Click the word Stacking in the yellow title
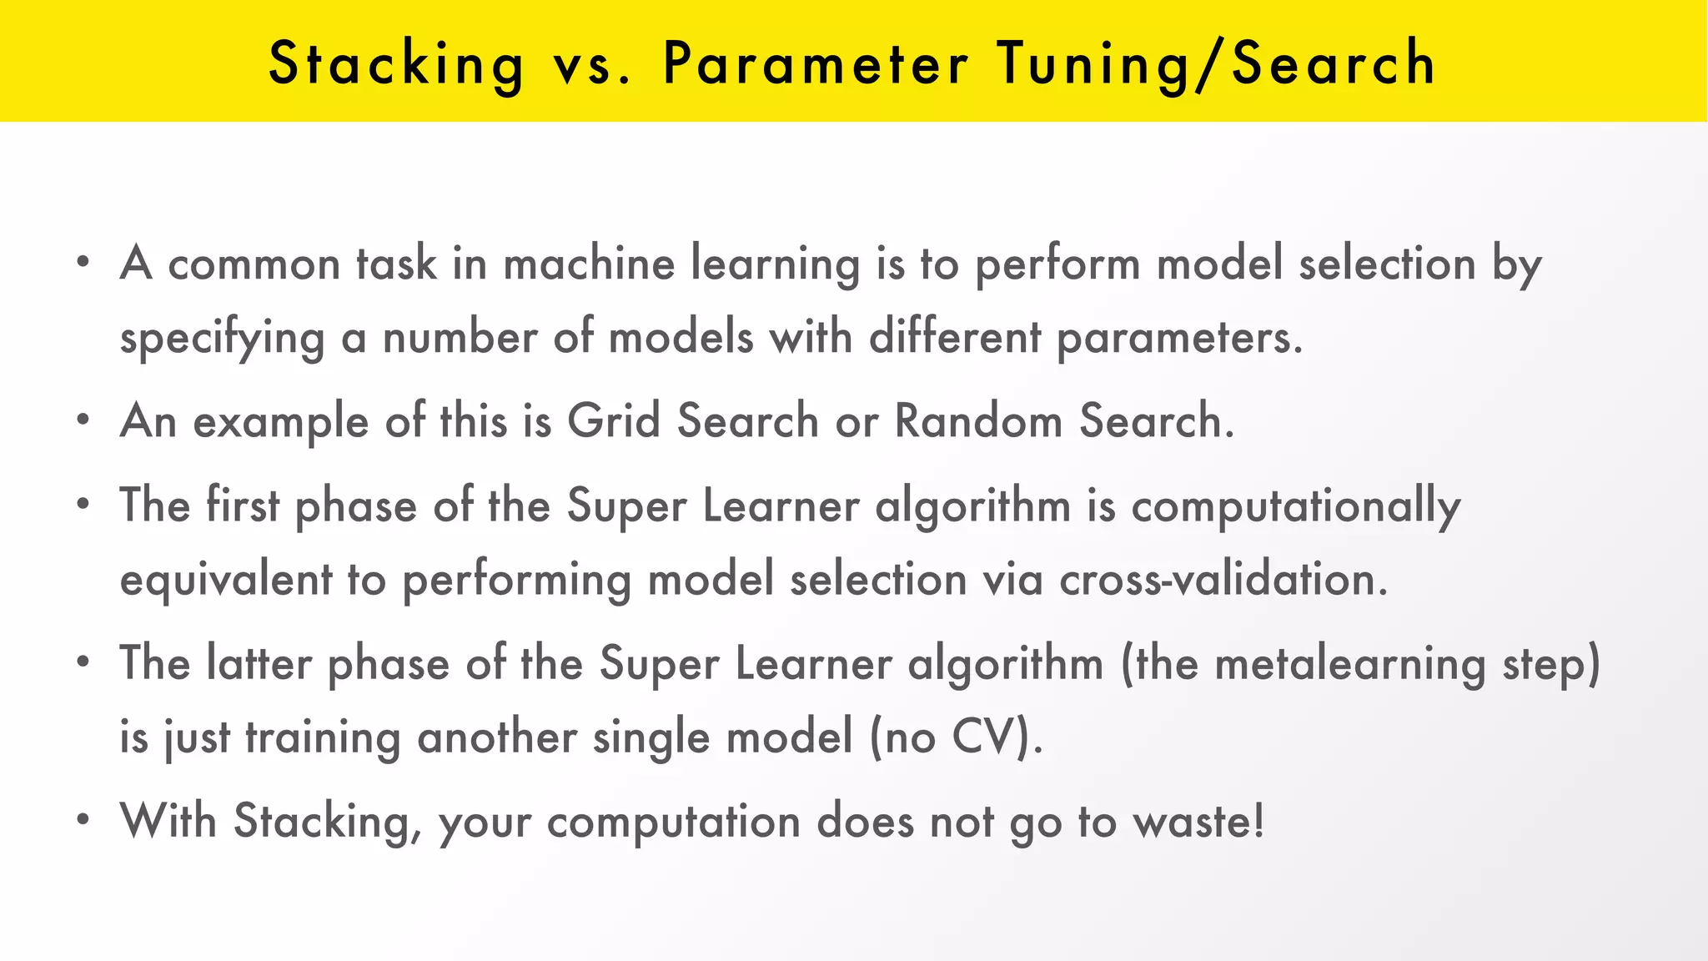click(396, 64)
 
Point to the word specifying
click(222, 339)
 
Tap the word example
click(281, 421)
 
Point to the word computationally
click(1295, 506)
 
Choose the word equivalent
click(226, 580)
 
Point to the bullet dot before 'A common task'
click(82, 263)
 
